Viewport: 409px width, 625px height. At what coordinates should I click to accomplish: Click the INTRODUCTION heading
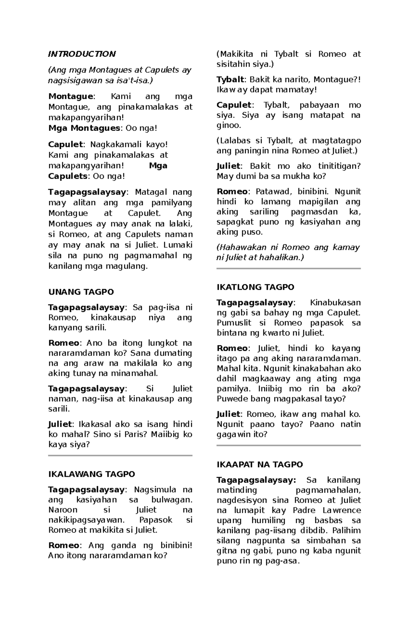point(82,54)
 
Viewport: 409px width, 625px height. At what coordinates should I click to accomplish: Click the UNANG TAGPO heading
point(81,292)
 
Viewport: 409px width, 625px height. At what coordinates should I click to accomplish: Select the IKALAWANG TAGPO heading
point(92,474)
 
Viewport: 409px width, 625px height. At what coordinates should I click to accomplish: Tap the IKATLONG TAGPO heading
point(255,287)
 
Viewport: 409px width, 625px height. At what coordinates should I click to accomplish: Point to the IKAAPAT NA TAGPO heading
point(260,465)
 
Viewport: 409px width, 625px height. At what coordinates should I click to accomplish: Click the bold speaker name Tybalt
point(230,80)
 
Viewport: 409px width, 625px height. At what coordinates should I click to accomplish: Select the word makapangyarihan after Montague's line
point(85,118)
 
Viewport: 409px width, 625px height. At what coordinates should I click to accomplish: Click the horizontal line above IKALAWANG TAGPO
point(120,455)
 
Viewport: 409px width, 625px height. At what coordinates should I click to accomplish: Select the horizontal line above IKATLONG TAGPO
point(288,269)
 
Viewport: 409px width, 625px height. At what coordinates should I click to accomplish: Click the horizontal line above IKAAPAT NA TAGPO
point(288,445)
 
